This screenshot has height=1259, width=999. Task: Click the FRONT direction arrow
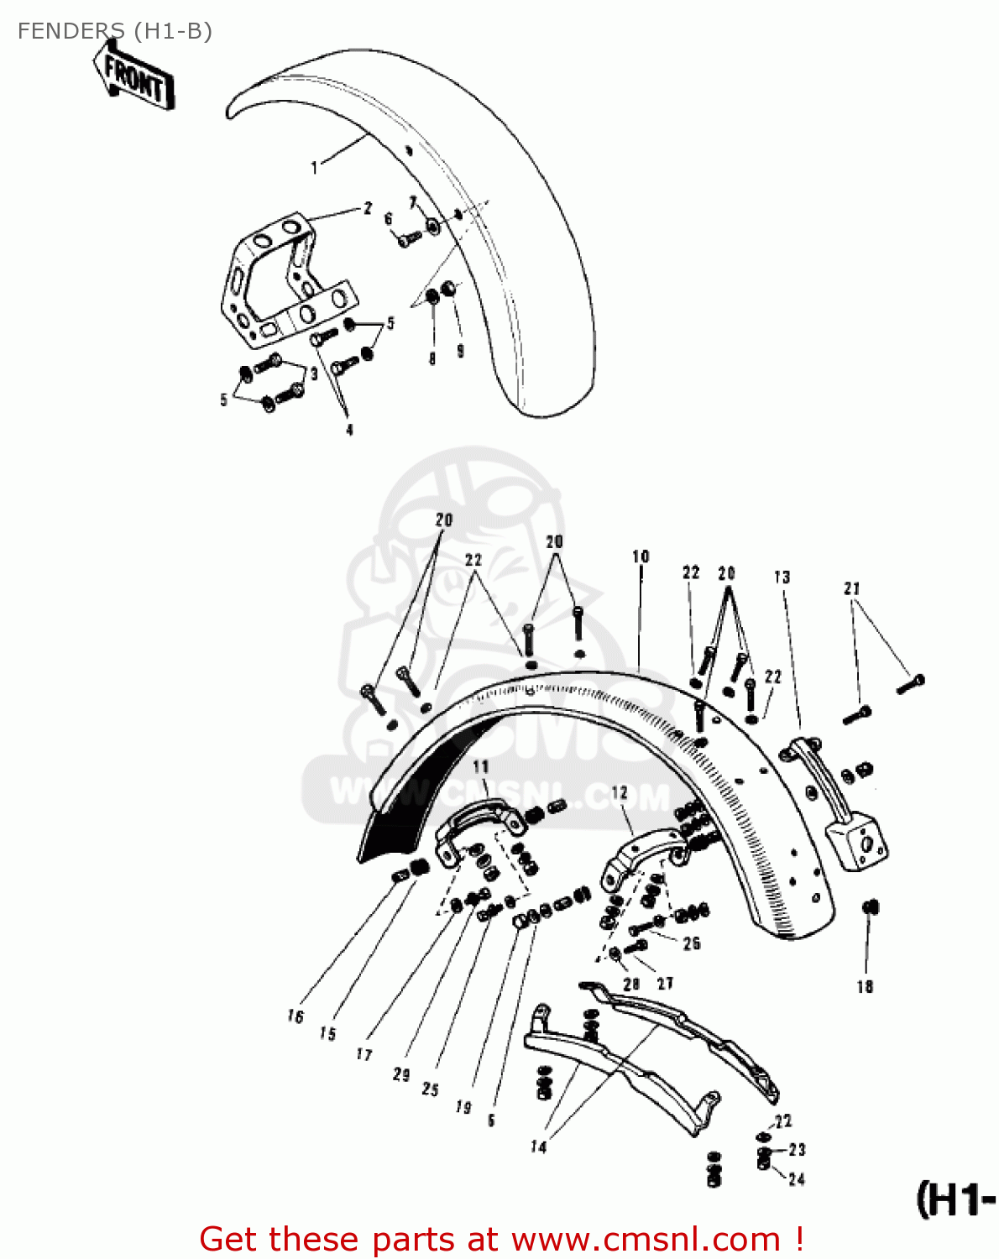134,78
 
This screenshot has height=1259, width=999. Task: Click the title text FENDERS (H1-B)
114,31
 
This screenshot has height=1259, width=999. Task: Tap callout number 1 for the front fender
315,168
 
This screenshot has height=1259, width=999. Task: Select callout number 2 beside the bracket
367,208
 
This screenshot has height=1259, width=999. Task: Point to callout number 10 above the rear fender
641,556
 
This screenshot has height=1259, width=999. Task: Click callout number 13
782,577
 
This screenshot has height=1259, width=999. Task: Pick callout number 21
852,588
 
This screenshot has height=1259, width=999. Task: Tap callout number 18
865,987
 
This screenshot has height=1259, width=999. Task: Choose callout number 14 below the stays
538,1147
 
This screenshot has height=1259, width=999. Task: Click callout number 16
295,1016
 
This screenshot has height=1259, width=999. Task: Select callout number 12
619,793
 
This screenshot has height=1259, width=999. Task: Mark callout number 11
480,766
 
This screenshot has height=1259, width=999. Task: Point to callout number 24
796,1179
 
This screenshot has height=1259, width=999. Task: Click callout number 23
797,1150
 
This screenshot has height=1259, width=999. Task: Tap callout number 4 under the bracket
349,430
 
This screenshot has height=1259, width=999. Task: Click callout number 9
460,352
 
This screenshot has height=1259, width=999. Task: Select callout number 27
665,983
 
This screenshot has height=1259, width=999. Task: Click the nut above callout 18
870,907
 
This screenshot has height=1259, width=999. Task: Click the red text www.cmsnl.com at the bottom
646,1240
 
